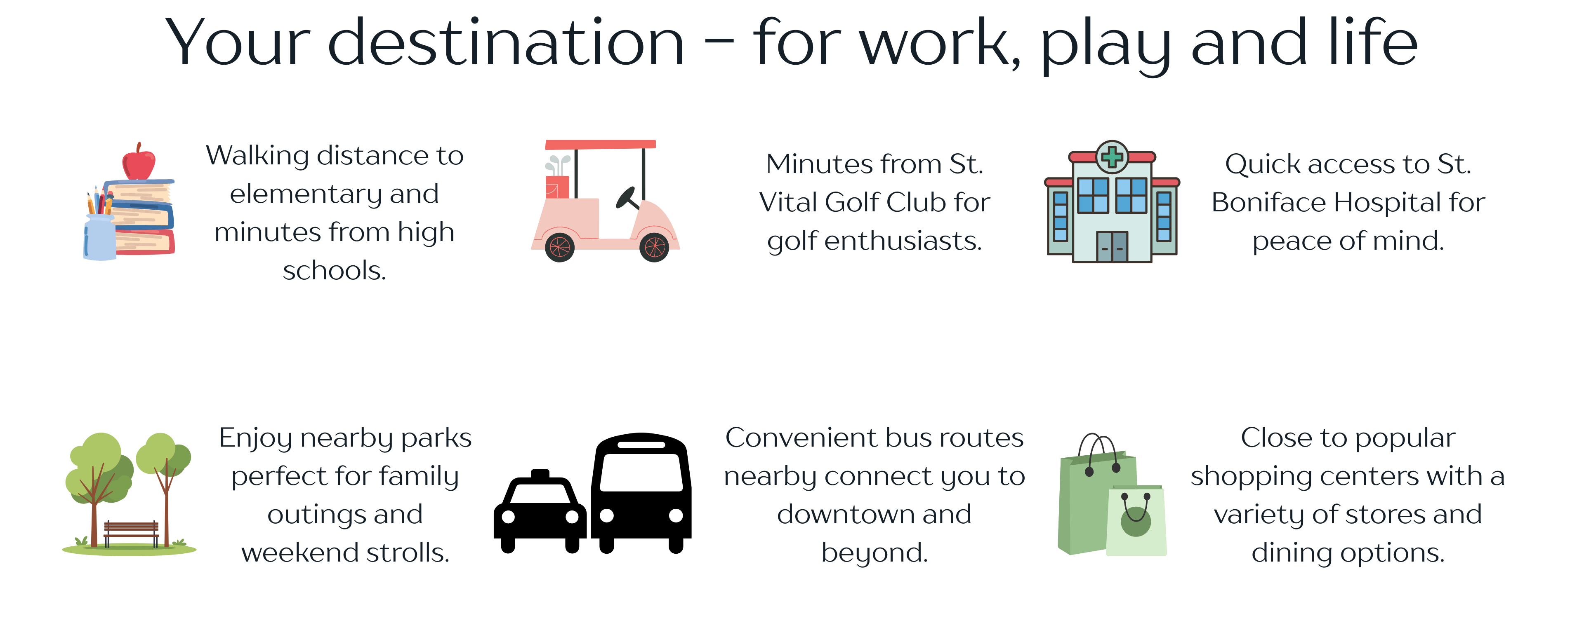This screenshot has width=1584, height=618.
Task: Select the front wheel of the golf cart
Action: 654,247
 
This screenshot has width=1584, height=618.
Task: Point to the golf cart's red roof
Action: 601,144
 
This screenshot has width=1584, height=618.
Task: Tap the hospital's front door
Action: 1112,247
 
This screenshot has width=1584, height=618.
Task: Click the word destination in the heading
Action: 506,42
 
